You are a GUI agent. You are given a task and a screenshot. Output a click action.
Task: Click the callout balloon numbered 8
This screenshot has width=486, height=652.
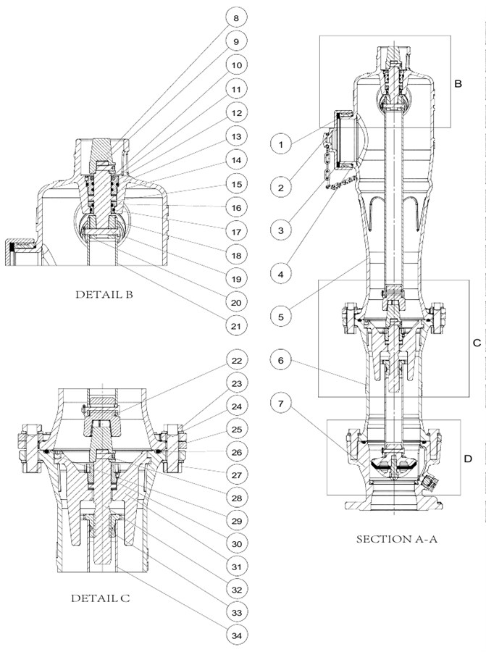point(235,17)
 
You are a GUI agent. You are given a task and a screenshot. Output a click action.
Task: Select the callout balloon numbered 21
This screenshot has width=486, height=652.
point(235,326)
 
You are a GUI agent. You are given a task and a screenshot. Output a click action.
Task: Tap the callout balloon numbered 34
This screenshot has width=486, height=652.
point(235,635)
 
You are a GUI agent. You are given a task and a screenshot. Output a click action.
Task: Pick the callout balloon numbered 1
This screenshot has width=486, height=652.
point(282,143)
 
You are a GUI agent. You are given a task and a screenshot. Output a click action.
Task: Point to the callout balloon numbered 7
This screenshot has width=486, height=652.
point(282,401)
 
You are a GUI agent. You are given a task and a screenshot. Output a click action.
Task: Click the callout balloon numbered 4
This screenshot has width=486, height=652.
point(282,274)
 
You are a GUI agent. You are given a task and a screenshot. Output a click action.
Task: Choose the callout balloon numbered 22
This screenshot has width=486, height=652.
point(235,360)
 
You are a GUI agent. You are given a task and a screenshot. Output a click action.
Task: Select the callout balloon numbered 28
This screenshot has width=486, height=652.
point(235,498)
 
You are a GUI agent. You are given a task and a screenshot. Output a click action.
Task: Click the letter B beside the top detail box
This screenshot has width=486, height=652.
point(458,84)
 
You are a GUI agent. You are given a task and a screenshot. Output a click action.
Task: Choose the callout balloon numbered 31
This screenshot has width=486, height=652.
point(235,567)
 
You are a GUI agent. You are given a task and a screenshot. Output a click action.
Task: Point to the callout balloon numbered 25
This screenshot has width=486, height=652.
point(235,429)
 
